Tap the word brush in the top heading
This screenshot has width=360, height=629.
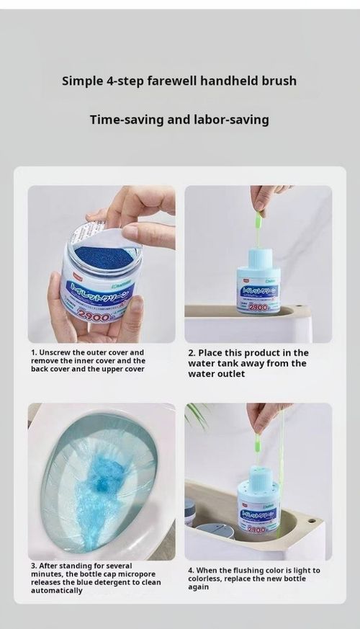[278, 80]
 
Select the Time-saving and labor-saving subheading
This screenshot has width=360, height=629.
[179, 120]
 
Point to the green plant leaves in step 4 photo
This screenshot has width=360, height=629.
[197, 416]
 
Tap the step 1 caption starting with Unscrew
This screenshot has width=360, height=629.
[88, 360]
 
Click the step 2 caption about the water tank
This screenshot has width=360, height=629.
[248, 363]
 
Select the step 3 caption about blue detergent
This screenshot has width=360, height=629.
[96, 578]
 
